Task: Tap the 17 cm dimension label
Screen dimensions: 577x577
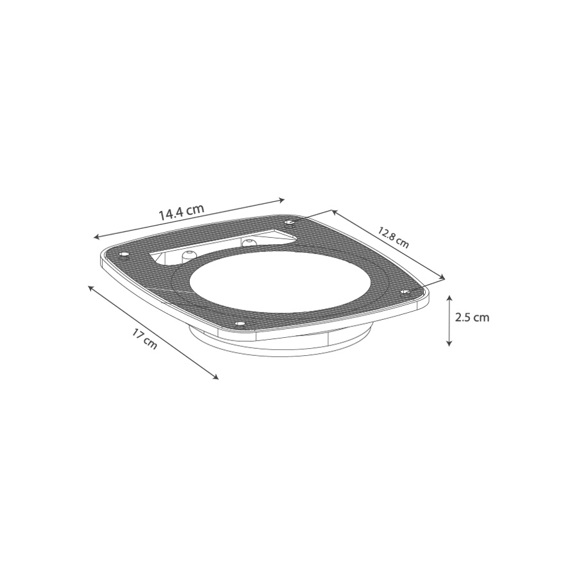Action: (x=145, y=339)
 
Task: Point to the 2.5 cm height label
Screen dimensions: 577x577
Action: (x=472, y=317)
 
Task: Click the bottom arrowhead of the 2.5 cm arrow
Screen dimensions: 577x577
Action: (x=449, y=344)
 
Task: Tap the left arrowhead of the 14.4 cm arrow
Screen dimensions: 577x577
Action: (x=96, y=237)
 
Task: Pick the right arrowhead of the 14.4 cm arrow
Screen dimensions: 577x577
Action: (x=282, y=200)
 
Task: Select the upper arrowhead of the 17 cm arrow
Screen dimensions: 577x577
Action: (x=90, y=288)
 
